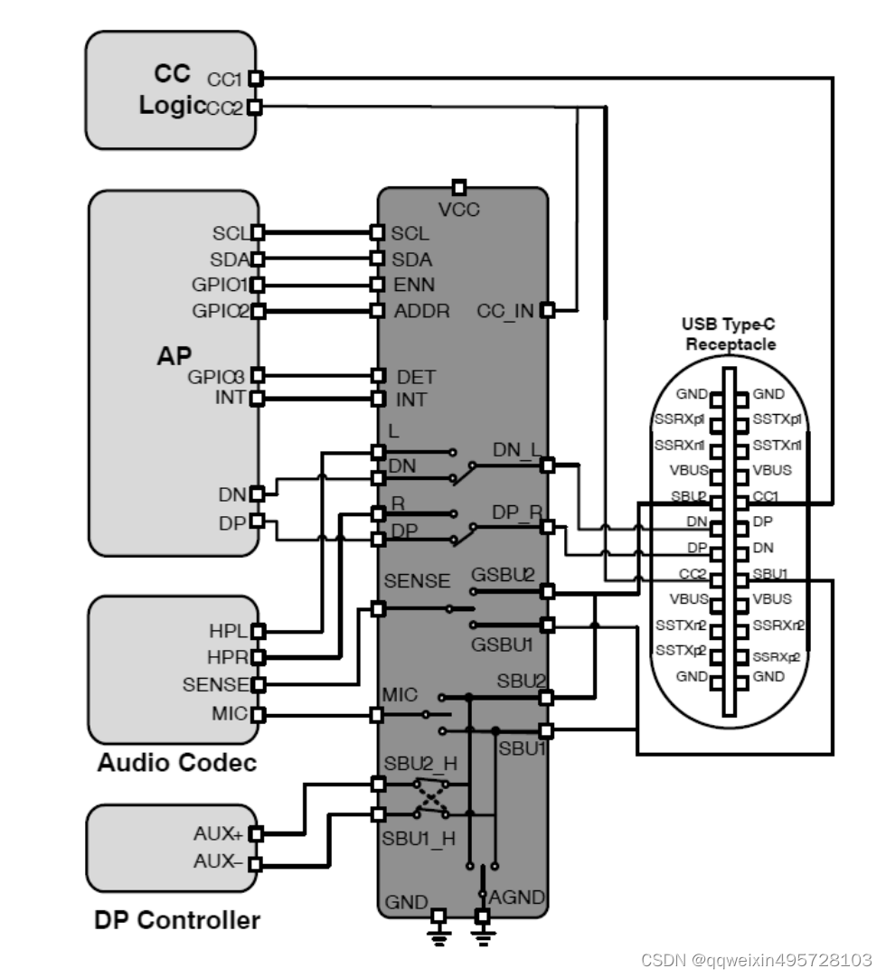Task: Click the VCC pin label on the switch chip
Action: tap(459, 210)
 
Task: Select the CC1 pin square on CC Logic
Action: tap(255, 79)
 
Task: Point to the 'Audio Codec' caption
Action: tap(176, 762)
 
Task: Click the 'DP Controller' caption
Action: tap(177, 920)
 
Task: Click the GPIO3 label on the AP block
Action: tap(217, 376)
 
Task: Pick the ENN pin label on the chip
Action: tap(413, 285)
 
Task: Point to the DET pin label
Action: tap(416, 377)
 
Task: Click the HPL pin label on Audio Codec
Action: tap(228, 631)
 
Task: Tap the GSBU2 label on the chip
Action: tap(503, 575)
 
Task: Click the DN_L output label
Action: tap(514, 449)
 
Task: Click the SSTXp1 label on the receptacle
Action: tap(778, 419)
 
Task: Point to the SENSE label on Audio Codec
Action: tap(216, 685)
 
